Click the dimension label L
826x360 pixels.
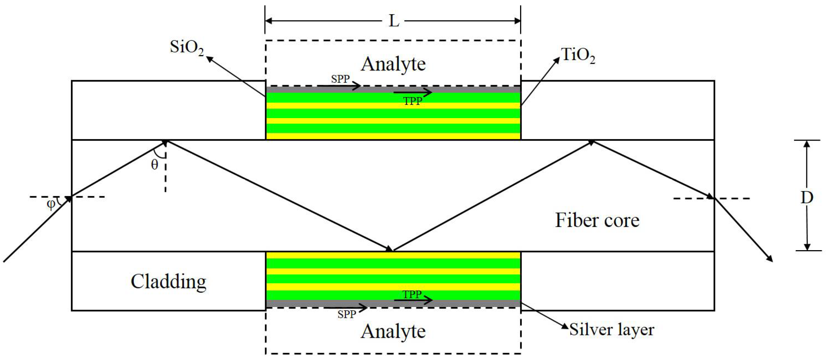(394, 21)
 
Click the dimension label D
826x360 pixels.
(807, 197)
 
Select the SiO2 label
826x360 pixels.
(186, 48)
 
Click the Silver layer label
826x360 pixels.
(611, 330)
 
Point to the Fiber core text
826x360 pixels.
(597, 220)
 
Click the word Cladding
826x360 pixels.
(168, 282)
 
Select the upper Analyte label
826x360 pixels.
(393, 64)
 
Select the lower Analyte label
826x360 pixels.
(393, 331)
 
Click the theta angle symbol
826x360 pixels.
(155, 165)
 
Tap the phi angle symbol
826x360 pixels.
(51, 204)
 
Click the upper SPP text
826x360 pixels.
(340, 79)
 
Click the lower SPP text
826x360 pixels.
(347, 315)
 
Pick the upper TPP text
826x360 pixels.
(412, 102)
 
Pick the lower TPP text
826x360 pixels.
(412, 295)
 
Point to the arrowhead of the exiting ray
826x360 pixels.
(769, 258)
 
